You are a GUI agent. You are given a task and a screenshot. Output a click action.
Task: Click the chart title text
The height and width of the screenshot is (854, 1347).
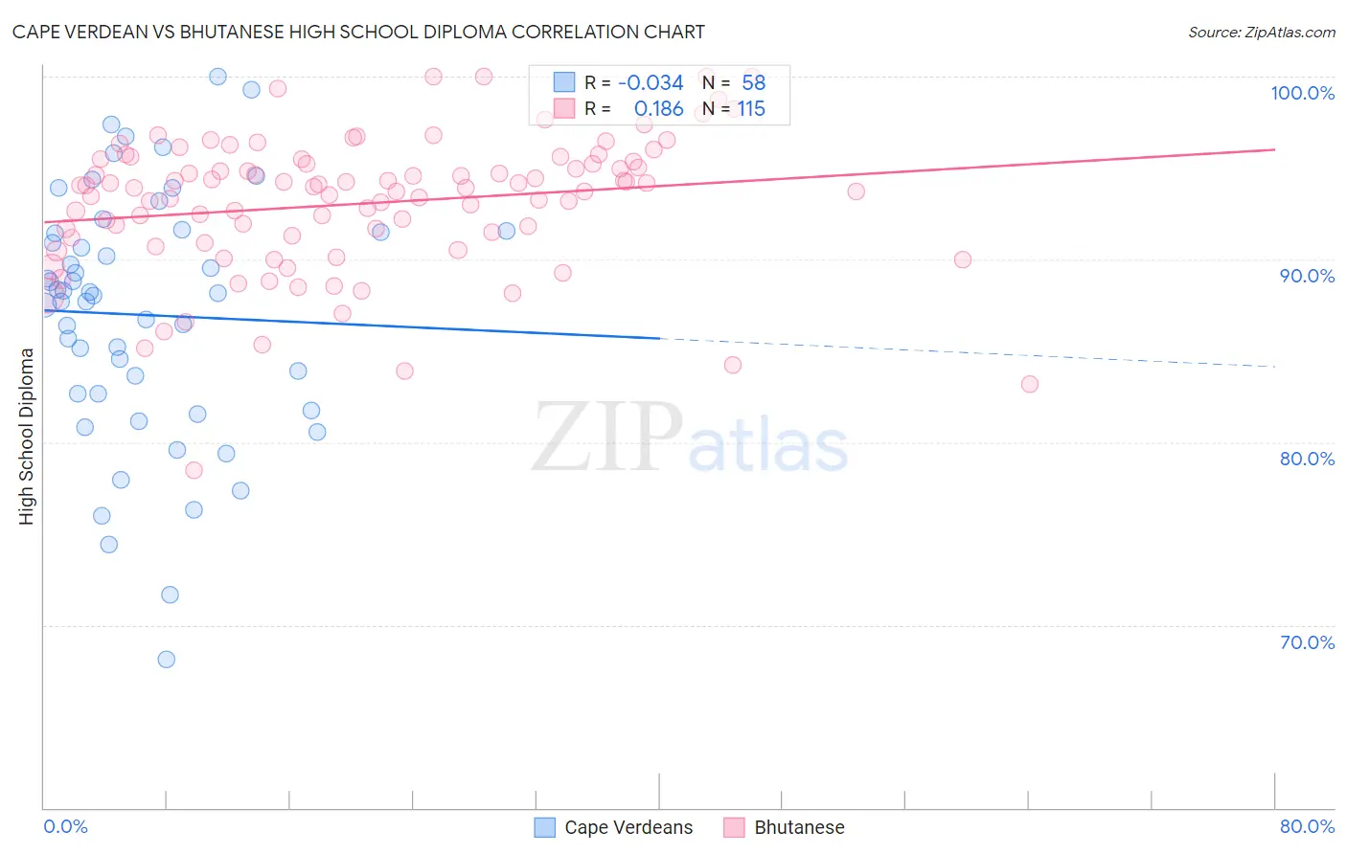358,32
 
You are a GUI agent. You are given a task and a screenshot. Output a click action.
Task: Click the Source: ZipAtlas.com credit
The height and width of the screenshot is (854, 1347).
1261,33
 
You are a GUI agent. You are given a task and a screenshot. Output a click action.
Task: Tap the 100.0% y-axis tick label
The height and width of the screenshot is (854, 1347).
1302,93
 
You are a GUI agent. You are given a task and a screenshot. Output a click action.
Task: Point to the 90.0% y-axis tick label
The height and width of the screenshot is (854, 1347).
1307,276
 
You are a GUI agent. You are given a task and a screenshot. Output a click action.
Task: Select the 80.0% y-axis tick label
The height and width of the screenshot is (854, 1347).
1307,459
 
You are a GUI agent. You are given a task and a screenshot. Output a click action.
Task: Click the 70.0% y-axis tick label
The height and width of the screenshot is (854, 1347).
1307,642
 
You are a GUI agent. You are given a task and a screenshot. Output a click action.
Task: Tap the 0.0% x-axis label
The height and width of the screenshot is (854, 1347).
65,826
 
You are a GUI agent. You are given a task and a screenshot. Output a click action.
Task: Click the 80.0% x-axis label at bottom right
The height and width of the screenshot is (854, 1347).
1307,826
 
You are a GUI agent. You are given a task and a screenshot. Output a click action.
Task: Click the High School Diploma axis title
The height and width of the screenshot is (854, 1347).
27,436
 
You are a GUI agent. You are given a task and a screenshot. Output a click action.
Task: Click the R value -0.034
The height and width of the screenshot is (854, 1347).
651,83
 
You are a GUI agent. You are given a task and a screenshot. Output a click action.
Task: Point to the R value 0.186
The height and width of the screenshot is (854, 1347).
658,109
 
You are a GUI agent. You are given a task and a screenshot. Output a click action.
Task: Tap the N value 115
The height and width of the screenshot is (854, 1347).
751,109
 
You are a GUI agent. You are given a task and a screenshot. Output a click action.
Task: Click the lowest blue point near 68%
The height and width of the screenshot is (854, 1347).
167,660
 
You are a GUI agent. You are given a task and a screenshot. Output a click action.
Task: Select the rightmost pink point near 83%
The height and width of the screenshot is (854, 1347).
1030,384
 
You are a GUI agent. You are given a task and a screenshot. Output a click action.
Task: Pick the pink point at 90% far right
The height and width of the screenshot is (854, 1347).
963,259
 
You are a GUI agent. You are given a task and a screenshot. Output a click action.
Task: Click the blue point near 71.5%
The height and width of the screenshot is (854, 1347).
170,595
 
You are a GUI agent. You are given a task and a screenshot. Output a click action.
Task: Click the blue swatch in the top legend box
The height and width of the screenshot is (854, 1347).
564,82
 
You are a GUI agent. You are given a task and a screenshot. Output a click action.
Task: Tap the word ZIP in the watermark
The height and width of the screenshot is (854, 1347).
606,437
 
